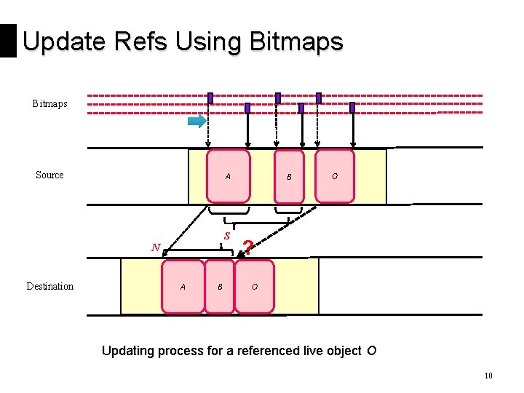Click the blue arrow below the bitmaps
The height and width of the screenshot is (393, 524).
196,122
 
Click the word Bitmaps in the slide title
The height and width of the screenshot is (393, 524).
295,42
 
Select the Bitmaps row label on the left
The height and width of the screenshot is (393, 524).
49,104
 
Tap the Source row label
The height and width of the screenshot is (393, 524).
49,175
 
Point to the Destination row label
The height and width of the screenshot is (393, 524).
49,286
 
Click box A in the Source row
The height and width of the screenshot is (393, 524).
229,176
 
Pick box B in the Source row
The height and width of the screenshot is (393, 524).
288,176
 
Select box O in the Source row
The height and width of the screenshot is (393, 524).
334,175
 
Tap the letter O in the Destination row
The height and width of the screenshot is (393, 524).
255,287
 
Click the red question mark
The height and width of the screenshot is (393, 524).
247,247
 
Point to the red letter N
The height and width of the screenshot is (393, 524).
155,247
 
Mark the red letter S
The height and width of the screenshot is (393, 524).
227,236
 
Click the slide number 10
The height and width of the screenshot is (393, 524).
488,376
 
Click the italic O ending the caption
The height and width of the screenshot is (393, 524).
371,352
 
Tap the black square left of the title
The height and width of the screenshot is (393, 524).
8,41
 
